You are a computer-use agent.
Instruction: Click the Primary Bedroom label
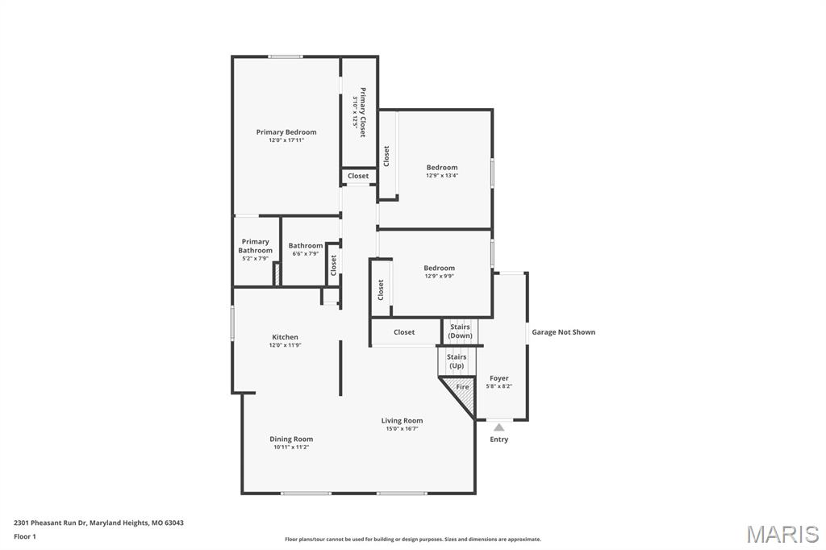(286, 132)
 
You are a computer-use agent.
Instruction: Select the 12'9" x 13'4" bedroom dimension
(442, 176)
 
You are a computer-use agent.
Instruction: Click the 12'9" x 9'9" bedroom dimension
(440, 276)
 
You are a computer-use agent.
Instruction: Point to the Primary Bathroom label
(255, 246)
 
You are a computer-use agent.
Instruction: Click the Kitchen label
(285, 337)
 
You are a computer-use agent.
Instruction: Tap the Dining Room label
(291, 440)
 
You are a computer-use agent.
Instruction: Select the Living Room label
(402, 421)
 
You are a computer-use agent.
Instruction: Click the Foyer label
(499, 378)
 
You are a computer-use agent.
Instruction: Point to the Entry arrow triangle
(499, 427)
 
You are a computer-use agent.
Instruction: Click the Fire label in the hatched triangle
(462, 387)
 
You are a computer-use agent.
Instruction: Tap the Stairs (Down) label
(461, 331)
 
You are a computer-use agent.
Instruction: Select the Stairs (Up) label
(457, 361)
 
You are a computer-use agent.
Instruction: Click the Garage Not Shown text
(563, 332)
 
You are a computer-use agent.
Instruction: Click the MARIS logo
(782, 534)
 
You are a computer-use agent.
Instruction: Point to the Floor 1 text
(25, 536)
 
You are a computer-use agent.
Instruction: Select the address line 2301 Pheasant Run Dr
(98, 523)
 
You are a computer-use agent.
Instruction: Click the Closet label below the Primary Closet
(358, 176)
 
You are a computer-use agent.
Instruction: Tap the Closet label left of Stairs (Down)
(404, 332)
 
